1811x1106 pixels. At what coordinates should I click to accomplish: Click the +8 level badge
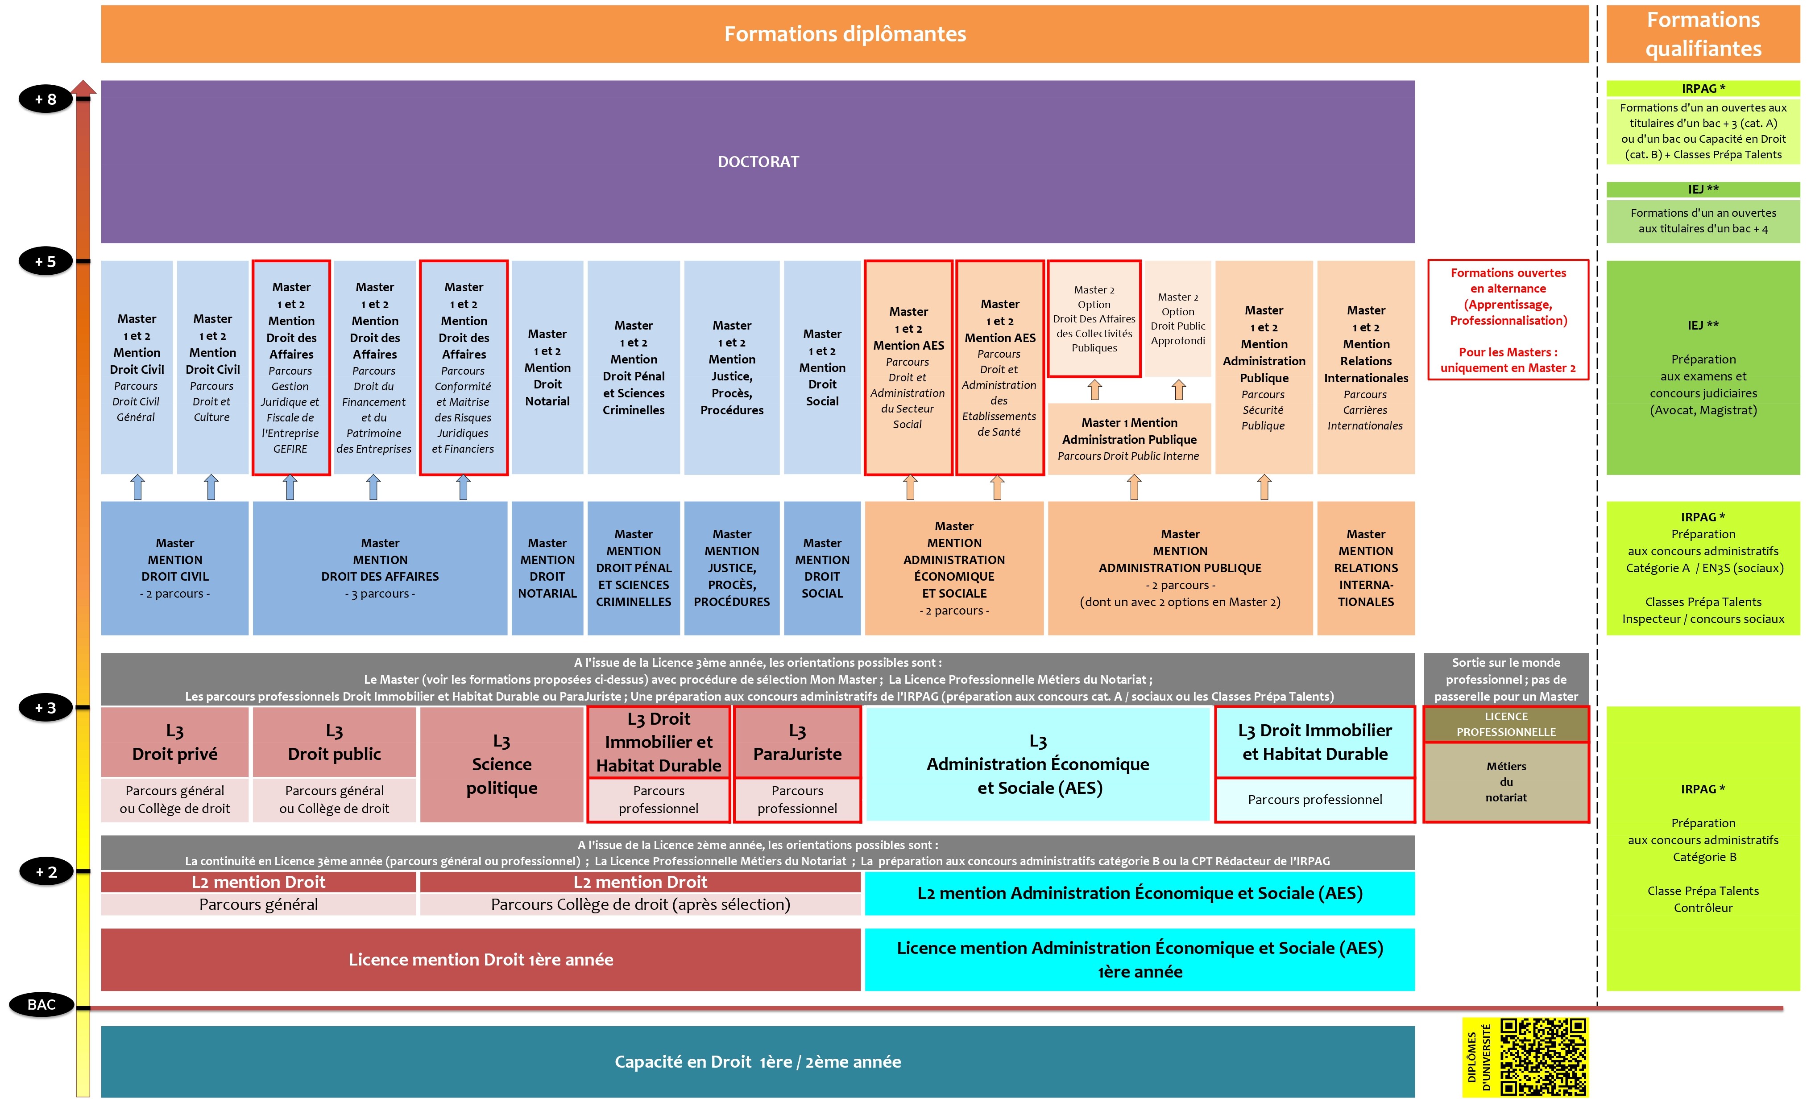click(x=46, y=99)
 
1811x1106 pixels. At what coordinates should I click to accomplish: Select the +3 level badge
click(x=46, y=708)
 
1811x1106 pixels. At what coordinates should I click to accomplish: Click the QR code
click(x=1543, y=1057)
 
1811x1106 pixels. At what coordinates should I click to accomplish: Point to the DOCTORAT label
click(x=758, y=162)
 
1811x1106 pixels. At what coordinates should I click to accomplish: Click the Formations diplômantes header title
click(x=845, y=34)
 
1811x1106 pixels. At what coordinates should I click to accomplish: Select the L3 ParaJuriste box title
click(x=797, y=742)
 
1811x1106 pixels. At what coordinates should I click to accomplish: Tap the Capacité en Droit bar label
click(x=757, y=1061)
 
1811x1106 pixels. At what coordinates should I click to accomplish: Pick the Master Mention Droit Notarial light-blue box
click(x=547, y=367)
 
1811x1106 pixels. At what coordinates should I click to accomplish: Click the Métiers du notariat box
click(x=1505, y=782)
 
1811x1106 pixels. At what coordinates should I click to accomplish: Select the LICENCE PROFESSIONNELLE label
click(x=1505, y=724)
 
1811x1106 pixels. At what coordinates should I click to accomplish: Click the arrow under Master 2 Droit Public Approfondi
click(x=1178, y=389)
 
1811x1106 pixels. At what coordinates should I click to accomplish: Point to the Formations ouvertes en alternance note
click(x=1508, y=320)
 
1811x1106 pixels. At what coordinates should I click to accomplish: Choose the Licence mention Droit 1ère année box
click(x=480, y=959)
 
